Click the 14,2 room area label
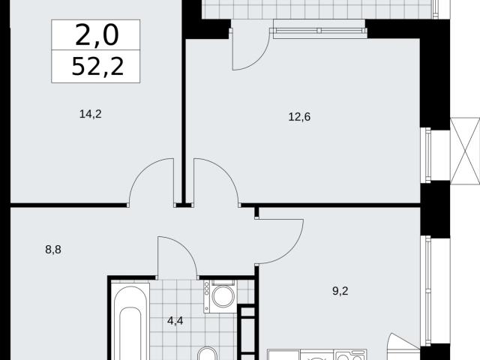(90, 115)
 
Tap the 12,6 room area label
(299, 117)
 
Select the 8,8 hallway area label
(53, 250)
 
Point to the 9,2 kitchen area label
(340, 291)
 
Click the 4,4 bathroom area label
(175, 321)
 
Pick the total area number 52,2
(97, 67)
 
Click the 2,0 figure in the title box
(97, 35)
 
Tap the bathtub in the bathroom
(130, 322)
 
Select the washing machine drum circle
(223, 296)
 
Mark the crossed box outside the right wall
(465, 151)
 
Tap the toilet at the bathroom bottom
(207, 354)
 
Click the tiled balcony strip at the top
(318, 9)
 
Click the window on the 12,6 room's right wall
(425, 155)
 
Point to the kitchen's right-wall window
(425, 291)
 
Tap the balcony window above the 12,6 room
(320, 30)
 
